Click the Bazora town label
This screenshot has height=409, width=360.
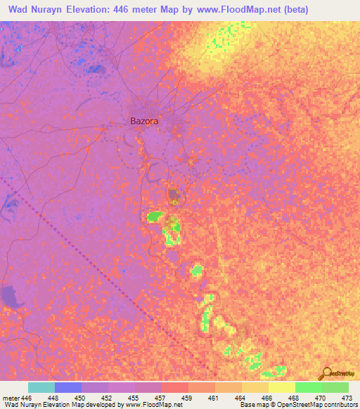pyautogui.click(x=144, y=121)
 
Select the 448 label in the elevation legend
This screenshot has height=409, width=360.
pyautogui.click(x=54, y=398)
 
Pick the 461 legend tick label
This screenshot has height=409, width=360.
pyautogui.click(x=214, y=398)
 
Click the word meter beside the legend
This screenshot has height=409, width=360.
pyautogui.click(x=10, y=398)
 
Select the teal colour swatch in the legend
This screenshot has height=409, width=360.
pyautogui.click(x=41, y=387)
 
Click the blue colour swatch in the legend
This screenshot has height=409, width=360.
pyautogui.click(x=67, y=387)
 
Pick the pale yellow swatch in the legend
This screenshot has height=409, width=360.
pyautogui.click(x=281, y=387)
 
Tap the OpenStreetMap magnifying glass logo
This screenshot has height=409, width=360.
pyautogui.click(x=326, y=373)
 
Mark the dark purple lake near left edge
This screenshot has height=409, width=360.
pyautogui.click(x=11, y=297)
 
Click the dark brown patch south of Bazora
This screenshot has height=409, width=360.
pyautogui.click(x=173, y=195)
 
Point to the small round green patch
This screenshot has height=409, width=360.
pyautogui.click(x=198, y=270)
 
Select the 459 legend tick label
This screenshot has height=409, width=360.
pyautogui.click(x=188, y=398)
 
